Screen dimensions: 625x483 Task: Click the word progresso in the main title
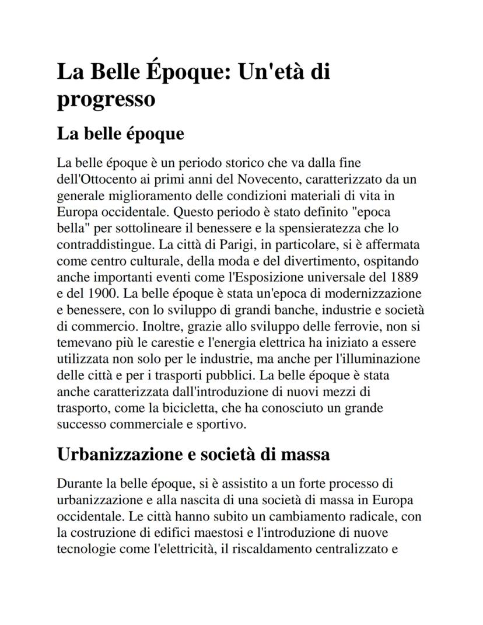(x=106, y=99)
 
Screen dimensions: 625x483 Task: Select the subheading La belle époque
(x=120, y=134)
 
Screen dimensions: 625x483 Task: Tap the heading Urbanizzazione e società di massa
(x=193, y=453)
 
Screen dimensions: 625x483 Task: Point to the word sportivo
(x=223, y=423)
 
